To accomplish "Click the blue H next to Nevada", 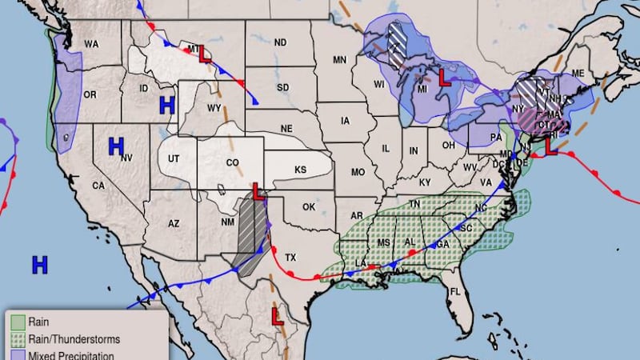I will point(116,146).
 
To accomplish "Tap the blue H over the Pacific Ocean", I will point(39,265).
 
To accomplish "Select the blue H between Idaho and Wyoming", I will point(166,104).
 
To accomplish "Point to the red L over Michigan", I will point(445,79).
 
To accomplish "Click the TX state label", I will point(291,258).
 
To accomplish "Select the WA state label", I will point(91,44).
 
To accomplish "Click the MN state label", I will point(340,59).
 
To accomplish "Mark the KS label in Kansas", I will point(300,170).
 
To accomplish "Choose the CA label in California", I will point(98,186).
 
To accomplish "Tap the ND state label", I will point(280,42).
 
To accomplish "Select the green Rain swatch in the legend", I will point(18,322).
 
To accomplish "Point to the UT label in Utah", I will point(174,158).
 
